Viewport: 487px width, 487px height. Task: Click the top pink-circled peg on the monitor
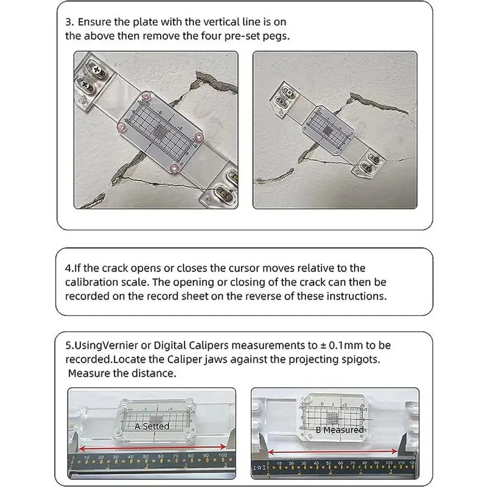point(145,96)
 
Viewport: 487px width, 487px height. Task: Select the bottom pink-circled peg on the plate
point(173,166)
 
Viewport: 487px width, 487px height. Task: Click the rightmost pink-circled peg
point(199,136)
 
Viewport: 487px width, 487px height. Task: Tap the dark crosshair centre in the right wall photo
point(329,130)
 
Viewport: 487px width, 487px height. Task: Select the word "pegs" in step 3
point(275,35)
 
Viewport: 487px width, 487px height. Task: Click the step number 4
point(68,268)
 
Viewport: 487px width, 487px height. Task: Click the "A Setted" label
point(152,426)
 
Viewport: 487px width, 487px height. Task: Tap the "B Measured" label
point(339,430)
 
